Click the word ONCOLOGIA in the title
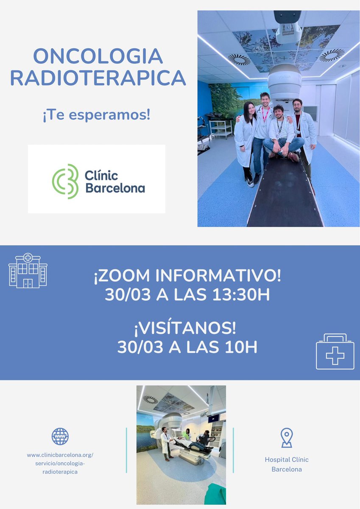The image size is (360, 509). [98, 56]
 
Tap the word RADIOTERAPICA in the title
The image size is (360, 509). [98, 78]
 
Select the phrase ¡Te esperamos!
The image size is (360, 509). [96, 115]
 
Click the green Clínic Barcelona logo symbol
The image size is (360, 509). [66, 181]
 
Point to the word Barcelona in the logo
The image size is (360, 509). [115, 188]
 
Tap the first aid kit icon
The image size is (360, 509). [335, 352]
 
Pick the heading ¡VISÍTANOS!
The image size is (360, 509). [187, 328]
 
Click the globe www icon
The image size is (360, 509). [60, 436]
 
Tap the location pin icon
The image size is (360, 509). [287, 438]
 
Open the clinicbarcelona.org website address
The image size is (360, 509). [60, 463]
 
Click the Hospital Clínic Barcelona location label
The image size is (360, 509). [287, 464]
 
